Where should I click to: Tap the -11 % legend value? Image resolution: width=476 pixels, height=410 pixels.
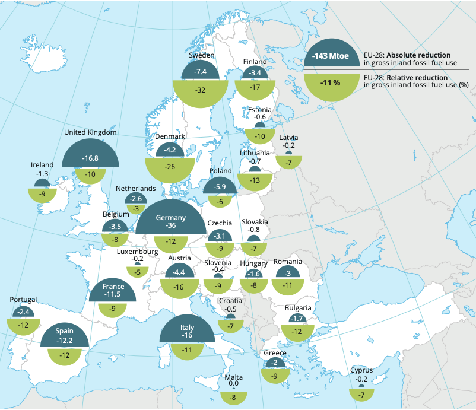(331, 82)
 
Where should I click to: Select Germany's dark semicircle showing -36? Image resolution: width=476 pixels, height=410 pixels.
(170, 221)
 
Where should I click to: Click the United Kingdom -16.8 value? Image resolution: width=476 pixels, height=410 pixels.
(90, 158)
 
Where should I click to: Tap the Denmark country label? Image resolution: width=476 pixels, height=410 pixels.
(170, 136)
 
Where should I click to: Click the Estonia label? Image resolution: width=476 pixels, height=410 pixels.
(260, 110)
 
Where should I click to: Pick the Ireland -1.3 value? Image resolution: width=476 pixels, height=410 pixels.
(42, 173)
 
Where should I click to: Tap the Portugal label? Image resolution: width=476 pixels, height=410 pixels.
(23, 300)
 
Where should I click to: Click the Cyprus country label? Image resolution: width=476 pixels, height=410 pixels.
(361, 370)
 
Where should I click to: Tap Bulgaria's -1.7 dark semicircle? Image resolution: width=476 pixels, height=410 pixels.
(297, 319)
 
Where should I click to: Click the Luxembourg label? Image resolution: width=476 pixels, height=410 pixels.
(138, 252)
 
